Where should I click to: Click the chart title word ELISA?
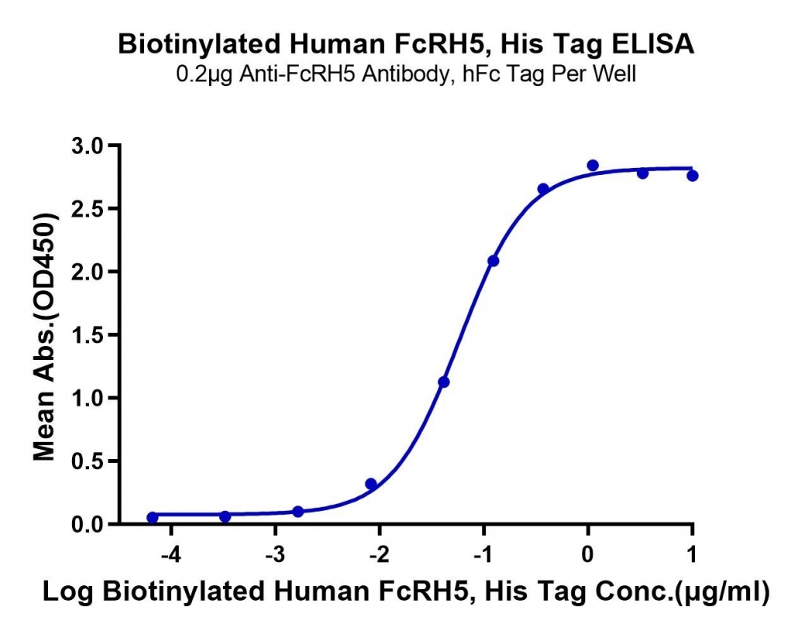pos(652,43)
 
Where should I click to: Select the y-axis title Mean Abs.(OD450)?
pos(44,338)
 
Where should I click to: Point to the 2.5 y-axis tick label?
pos(87,209)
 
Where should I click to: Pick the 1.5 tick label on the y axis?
pos(87,335)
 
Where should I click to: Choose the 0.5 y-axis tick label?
pos(87,461)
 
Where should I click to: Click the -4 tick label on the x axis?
pos(171,554)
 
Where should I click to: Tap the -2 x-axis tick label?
pos(380,554)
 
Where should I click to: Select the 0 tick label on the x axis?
pos(588,554)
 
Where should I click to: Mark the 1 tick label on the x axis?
pos(692,554)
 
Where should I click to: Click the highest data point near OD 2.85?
pos(593,165)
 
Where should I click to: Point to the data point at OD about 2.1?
pos(494,261)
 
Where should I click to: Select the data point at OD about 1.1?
pos(444,382)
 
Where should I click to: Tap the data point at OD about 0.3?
pos(371,484)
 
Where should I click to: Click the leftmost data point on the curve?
pos(152,518)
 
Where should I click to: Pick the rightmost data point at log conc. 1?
pos(692,176)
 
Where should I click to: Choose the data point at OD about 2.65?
pos(543,189)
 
